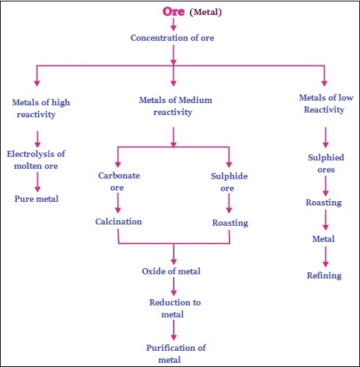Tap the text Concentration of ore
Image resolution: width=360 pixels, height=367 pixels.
click(x=172, y=37)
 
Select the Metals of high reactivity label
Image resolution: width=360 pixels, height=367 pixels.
click(x=41, y=108)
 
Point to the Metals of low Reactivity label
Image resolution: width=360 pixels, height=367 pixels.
click(x=322, y=103)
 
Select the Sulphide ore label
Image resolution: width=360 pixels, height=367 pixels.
click(x=229, y=181)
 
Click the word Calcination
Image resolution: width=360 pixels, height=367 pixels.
click(x=119, y=222)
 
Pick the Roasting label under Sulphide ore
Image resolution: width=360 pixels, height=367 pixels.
click(x=229, y=222)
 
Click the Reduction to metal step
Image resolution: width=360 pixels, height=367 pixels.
click(x=174, y=308)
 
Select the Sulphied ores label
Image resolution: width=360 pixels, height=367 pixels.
click(x=325, y=164)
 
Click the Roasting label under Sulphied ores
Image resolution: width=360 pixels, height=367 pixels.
click(x=323, y=203)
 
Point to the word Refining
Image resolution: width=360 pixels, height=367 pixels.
click(x=324, y=275)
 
